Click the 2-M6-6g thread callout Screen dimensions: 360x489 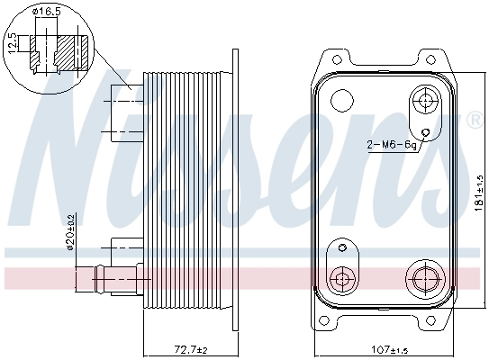point(390,144)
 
